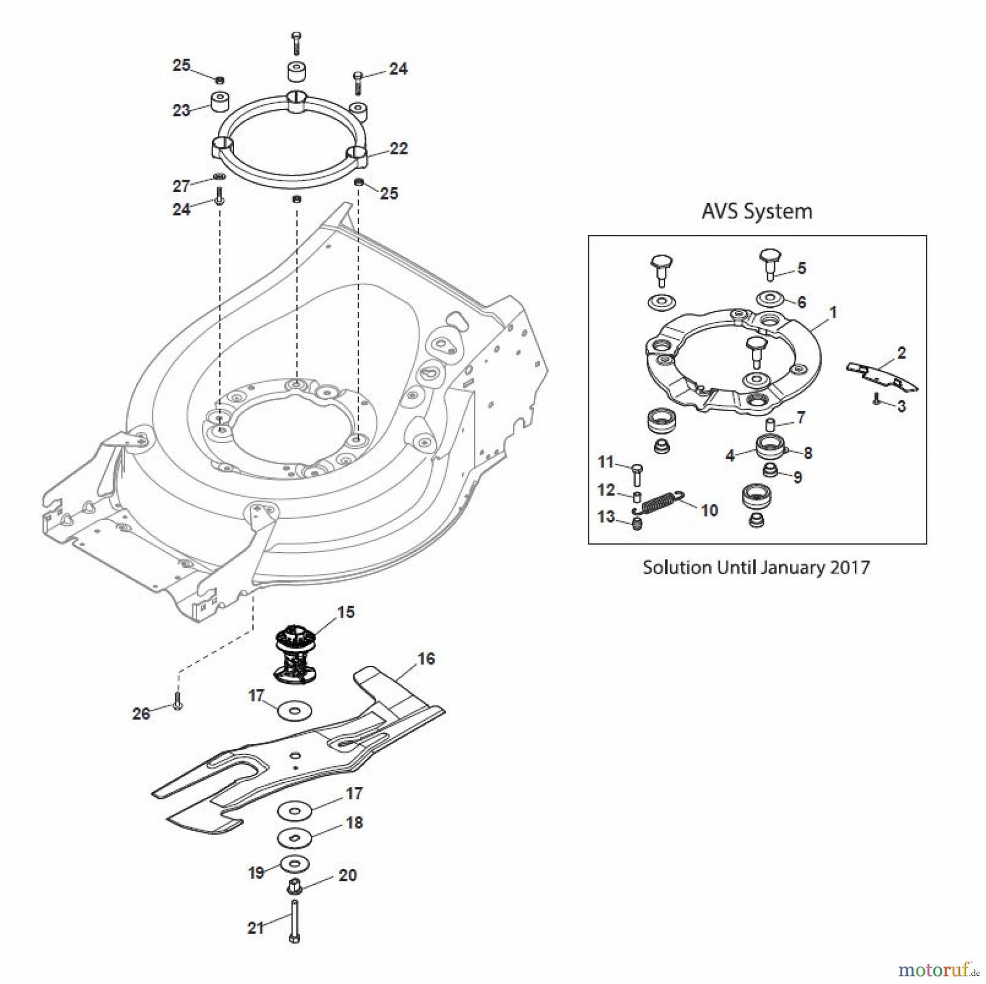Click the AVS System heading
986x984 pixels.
coord(756,211)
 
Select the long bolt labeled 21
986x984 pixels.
coord(294,922)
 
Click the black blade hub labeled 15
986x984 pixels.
coord(296,655)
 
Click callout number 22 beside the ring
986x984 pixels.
coord(398,148)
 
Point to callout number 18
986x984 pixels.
coord(354,822)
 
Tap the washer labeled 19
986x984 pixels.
coord(294,864)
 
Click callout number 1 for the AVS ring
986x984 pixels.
coord(833,313)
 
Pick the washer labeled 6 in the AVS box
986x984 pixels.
coord(769,300)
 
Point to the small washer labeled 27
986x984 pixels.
coord(219,177)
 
